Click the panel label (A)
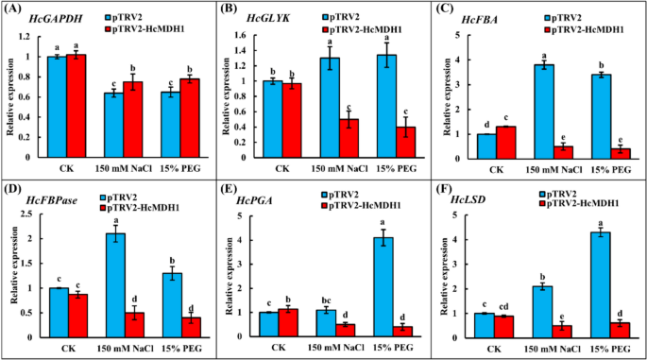pyautogui.click(x=15, y=10)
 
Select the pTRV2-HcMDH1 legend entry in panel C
pyautogui.click(x=588, y=27)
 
